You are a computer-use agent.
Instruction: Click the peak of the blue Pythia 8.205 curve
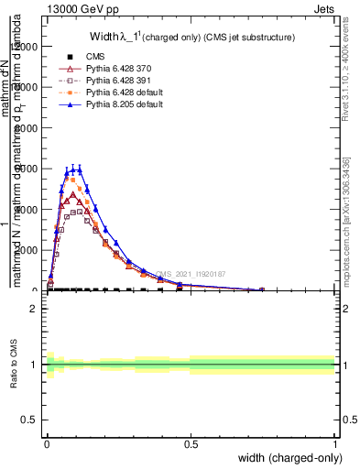[79, 169]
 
